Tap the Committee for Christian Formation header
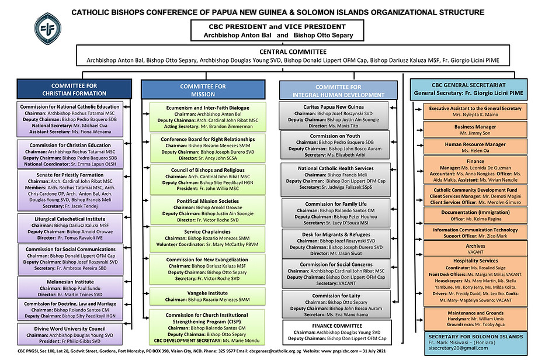(70, 89)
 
